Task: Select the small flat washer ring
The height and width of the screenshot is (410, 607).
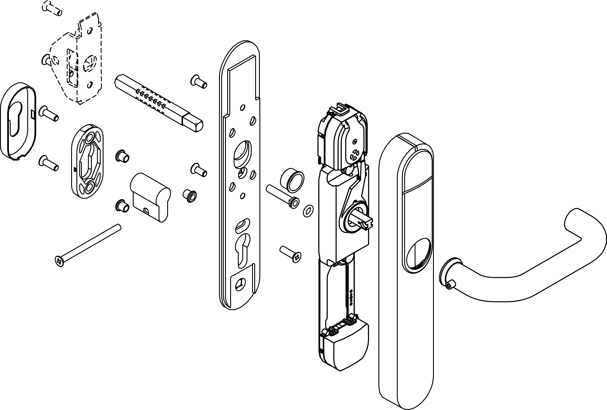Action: (308, 211)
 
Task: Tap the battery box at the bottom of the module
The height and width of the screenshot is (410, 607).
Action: (345, 345)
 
